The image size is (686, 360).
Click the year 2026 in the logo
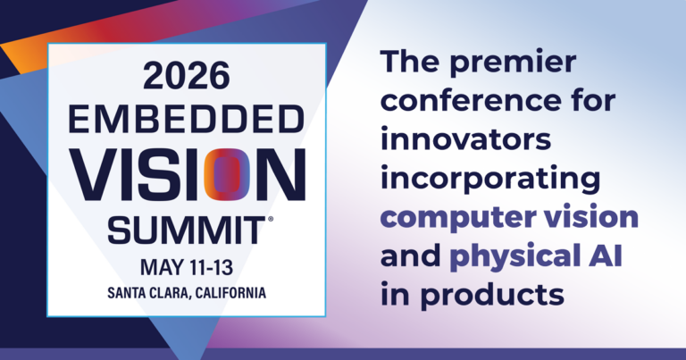(186, 76)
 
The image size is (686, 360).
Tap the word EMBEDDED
(187, 120)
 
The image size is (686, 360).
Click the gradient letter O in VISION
(227, 174)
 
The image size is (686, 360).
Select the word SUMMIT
(187, 230)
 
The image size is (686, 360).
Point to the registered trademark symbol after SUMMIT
(270, 220)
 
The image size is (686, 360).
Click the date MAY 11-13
(187, 267)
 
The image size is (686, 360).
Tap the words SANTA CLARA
(148, 293)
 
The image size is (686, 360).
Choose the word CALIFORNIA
(230, 293)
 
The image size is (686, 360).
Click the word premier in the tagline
(513, 63)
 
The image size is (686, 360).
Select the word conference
(471, 100)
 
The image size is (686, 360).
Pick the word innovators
(465, 139)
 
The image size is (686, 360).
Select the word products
(492, 295)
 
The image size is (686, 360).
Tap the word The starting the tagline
(410, 62)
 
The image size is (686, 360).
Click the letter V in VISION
(94, 174)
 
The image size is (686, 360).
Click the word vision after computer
(591, 216)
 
